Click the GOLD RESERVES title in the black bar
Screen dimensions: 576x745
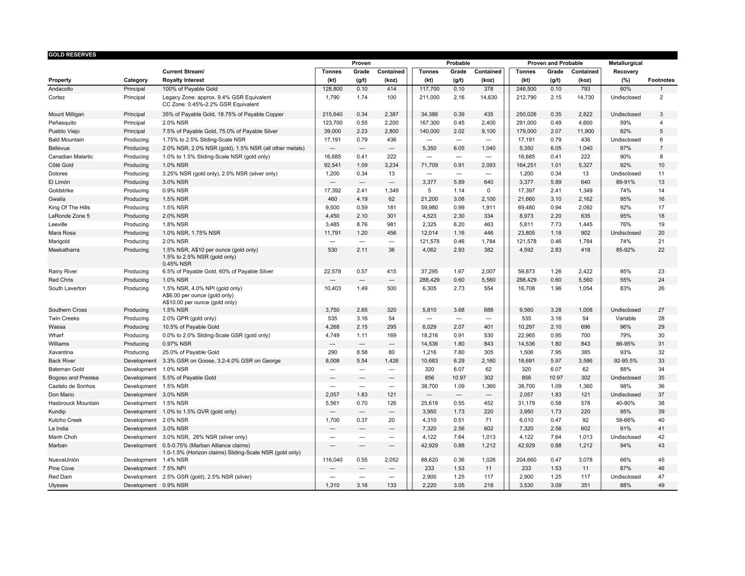tap(72, 55)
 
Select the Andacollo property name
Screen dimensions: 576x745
tap(61, 89)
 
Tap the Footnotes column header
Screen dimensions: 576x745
tap(661, 80)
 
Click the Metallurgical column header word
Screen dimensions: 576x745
tap(625, 63)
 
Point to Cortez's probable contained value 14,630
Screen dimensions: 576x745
tap(488, 98)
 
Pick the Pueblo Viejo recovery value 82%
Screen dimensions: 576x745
tap(625, 132)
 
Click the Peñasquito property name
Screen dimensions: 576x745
tap(62, 123)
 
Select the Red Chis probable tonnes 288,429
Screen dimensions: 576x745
tap(428, 280)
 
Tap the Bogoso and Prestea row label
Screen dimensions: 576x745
tap(74, 378)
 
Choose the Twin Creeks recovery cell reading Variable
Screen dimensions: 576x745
tap(625, 318)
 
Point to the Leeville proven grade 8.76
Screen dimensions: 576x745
tap(361, 224)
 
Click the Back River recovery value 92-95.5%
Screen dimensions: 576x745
tap(625, 361)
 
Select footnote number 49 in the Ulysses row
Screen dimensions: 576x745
tap(661, 485)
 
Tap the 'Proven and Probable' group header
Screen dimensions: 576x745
tap(555, 63)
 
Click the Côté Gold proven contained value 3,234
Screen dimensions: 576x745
tap(391, 165)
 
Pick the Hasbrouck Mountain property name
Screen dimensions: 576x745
tap(74, 403)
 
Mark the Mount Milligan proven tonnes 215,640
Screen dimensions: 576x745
tap(332, 115)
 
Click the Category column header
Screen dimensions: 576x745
tap(135, 80)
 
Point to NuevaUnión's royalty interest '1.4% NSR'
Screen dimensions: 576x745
tap(175, 460)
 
